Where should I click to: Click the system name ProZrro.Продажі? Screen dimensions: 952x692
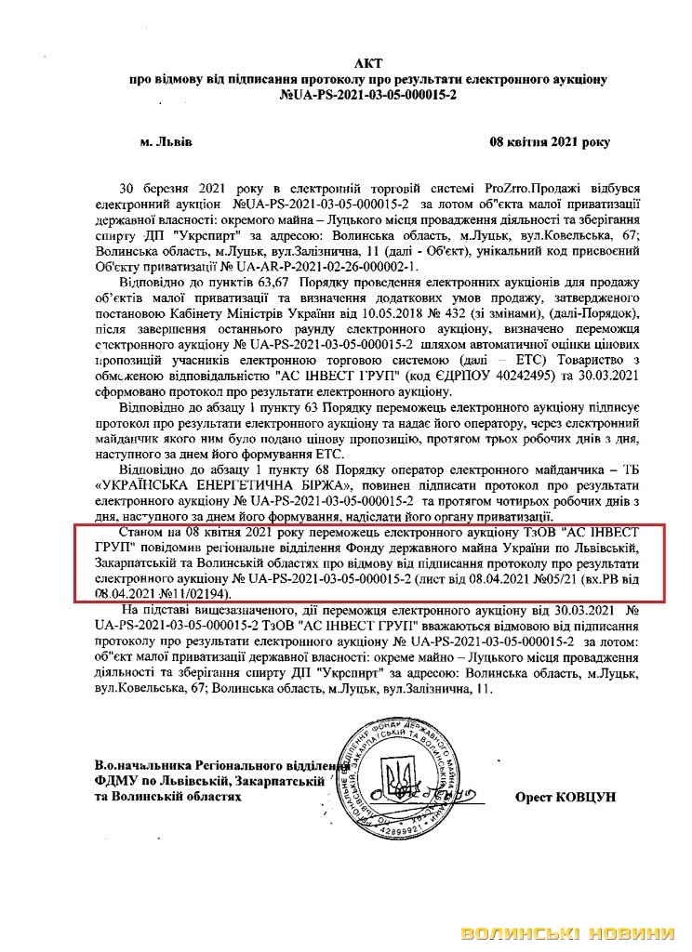[524, 187]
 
